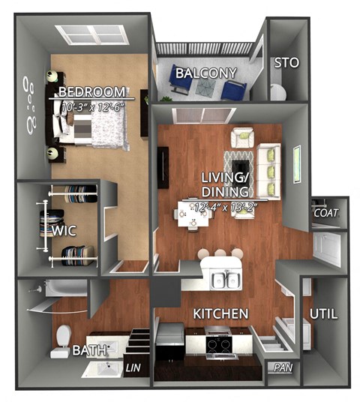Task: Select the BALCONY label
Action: point(205,73)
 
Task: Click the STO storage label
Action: point(286,63)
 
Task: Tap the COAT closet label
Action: point(326,213)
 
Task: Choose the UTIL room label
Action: point(323,313)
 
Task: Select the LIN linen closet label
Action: point(133,367)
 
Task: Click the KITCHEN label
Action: point(220,312)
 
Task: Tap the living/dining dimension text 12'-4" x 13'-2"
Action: point(224,205)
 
